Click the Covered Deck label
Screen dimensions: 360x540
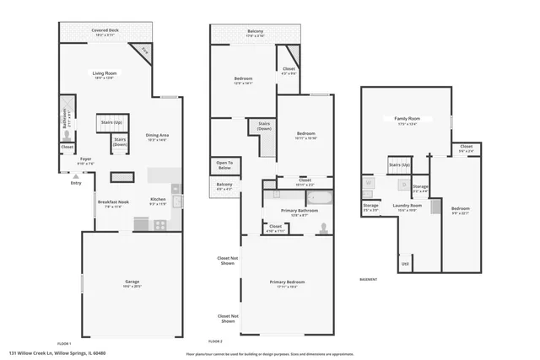[x=105, y=31]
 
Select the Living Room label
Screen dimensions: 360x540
[x=105, y=76]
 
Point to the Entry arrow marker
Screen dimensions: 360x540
[x=76, y=176]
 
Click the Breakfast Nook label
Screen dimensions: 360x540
[x=112, y=204]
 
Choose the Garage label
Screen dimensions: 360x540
[x=132, y=284]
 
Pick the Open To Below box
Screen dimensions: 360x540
[x=224, y=164]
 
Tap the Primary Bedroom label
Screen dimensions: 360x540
[x=287, y=284]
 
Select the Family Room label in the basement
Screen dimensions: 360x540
[x=407, y=121]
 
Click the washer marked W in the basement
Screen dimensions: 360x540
[x=368, y=181]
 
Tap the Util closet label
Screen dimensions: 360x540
[x=405, y=264]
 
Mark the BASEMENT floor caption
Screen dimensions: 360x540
[x=369, y=279]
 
